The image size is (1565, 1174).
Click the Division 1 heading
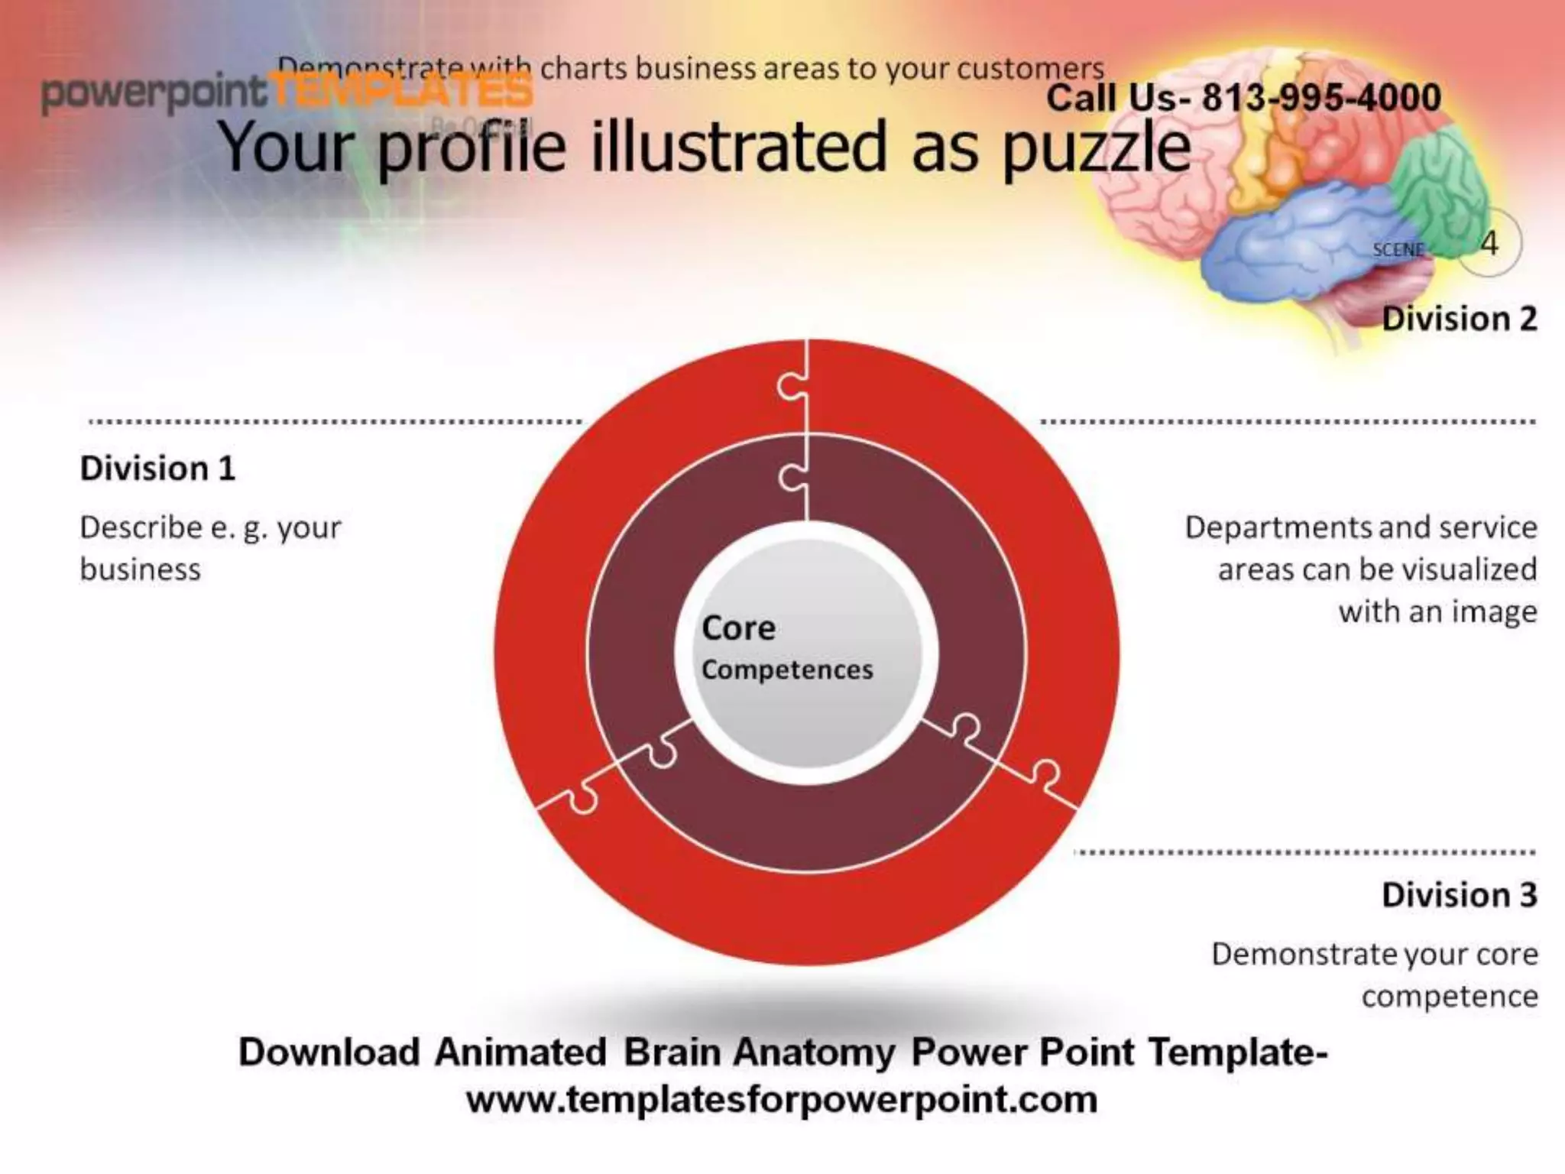pos(157,469)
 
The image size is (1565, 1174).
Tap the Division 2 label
pos(1459,319)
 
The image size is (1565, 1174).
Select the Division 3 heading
pos(1459,895)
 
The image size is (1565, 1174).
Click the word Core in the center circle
pos(738,628)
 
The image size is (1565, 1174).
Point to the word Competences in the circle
pos(787,670)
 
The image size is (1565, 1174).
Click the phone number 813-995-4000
pos(1321,98)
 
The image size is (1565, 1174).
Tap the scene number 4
pos(1489,244)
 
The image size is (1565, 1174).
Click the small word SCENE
pos(1398,250)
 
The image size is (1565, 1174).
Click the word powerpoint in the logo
pos(153,93)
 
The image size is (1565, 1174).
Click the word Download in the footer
pos(329,1052)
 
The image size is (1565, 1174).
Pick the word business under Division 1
pos(140,570)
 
